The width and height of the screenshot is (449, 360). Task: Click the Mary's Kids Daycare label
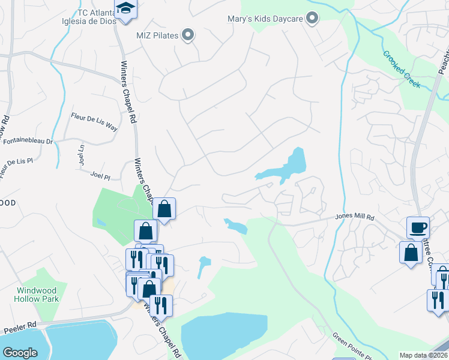click(x=265, y=19)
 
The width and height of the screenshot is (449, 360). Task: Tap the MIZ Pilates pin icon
click(x=188, y=35)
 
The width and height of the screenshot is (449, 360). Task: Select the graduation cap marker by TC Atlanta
click(x=125, y=9)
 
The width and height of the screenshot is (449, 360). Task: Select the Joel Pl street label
click(x=100, y=176)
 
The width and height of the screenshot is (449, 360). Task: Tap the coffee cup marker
click(x=418, y=228)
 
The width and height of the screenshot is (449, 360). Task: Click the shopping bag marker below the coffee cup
click(x=411, y=252)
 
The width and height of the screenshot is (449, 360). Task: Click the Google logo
click(x=20, y=352)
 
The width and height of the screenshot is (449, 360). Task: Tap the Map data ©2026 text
click(x=423, y=355)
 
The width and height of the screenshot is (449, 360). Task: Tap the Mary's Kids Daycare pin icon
click(x=312, y=19)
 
